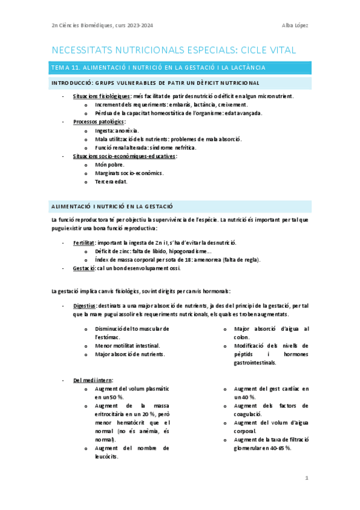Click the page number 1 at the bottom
pos(307,478)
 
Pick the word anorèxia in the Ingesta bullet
pos(128,130)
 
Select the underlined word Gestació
pos(84,268)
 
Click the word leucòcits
pos(106,456)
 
